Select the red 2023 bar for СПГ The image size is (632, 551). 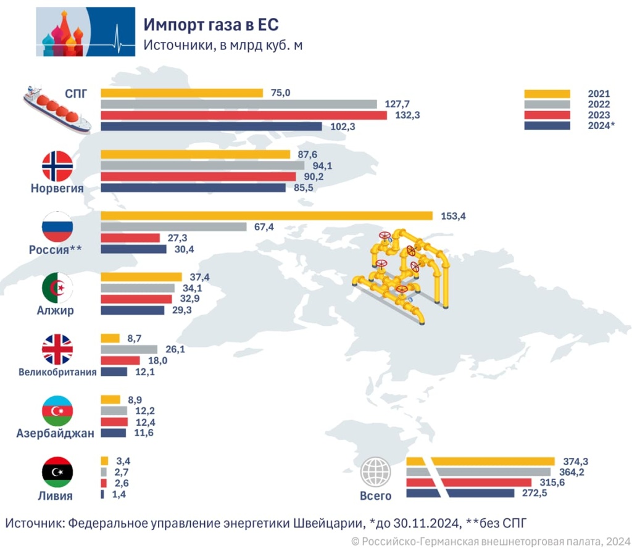(243, 115)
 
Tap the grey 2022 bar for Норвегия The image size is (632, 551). (202, 165)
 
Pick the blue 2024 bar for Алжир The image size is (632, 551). (132, 310)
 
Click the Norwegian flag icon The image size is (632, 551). (57, 165)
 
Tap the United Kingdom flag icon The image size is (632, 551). (57, 350)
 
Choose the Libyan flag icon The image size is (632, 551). (57, 472)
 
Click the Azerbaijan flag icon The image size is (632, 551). (57, 410)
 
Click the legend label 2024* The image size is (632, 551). (601, 126)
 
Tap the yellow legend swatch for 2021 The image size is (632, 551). (547, 94)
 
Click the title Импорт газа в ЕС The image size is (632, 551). (211, 25)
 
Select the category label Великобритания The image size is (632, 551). (57, 372)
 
